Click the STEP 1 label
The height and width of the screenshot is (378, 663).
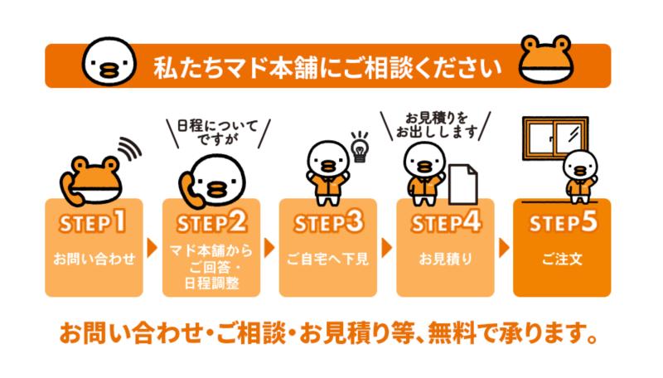pos(93,222)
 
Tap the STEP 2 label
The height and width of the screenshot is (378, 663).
pos(211,222)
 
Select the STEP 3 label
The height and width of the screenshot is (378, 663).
pos(328,222)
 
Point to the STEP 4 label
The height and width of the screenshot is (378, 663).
pos(446,222)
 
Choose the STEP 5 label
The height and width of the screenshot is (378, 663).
pos(563,222)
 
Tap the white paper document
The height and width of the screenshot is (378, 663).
pos(463,184)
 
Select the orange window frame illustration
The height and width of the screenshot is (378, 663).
pos(555,138)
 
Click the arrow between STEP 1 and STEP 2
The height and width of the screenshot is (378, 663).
pos(152,248)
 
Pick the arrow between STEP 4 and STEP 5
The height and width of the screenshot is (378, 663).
pos(504,248)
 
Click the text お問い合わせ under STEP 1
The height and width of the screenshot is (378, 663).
pos(94,259)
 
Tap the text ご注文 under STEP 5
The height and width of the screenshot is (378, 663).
pos(563,259)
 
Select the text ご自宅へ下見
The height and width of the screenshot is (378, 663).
pos(327,259)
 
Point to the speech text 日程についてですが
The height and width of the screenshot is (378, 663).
pos(217,132)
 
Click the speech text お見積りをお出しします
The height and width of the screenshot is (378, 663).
pos(437,125)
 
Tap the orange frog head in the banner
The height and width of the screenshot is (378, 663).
pos(546,59)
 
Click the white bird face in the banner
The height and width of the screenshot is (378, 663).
pos(109,61)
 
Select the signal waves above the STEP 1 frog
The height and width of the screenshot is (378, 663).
pos(129,149)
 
